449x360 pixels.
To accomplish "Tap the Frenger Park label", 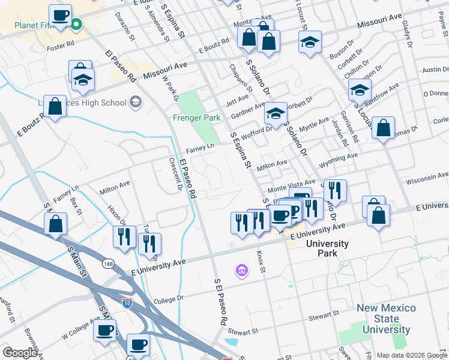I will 197,118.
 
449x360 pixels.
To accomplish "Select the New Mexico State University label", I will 386,319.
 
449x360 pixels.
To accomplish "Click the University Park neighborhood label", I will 327,248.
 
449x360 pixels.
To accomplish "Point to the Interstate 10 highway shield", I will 127,304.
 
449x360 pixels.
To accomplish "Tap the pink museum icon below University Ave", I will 242,271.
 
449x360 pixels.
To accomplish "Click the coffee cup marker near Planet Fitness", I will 60,16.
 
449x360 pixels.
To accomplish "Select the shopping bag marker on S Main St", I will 56,225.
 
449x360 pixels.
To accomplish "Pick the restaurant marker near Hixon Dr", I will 124,236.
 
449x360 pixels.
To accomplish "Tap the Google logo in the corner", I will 20,353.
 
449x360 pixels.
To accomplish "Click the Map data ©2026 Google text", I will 411,355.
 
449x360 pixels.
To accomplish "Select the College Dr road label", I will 168,299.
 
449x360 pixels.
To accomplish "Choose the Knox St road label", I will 261,262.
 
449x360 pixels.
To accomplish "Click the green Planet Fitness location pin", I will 77,25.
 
